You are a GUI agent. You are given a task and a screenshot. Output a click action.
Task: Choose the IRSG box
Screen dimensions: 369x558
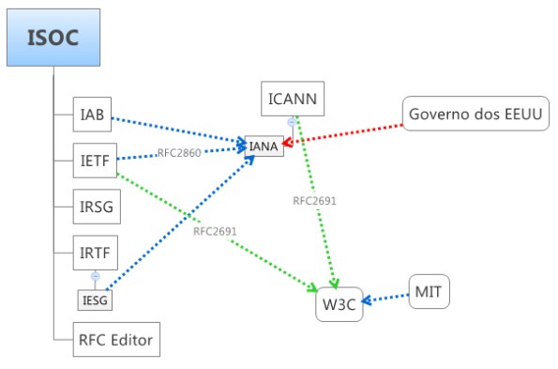tap(96, 205)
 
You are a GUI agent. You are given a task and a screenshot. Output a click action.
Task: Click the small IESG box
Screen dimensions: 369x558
tap(95, 300)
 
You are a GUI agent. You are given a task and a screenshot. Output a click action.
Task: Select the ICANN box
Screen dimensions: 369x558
tap(293, 99)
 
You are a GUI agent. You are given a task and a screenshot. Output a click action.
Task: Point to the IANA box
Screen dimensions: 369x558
tap(264, 146)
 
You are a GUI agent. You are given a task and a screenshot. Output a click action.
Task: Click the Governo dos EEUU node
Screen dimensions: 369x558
tap(476, 115)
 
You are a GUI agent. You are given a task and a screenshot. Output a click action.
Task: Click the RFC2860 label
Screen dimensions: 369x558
tap(179, 152)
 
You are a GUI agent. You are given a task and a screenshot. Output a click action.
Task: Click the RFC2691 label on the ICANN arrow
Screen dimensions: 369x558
tap(314, 201)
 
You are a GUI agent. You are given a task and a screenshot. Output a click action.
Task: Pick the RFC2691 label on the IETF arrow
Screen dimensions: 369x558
tap(215, 230)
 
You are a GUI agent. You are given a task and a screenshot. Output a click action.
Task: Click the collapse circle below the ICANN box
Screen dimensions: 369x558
tap(292, 121)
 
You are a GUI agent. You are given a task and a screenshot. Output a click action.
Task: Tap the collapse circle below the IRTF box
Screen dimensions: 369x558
tap(95, 276)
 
